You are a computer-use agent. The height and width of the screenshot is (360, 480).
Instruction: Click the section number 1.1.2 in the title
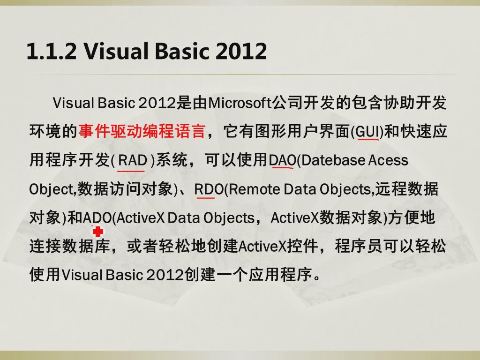(x=52, y=51)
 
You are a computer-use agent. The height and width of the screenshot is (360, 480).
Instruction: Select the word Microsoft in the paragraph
(x=240, y=103)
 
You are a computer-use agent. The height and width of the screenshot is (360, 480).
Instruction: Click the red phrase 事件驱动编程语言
(x=142, y=131)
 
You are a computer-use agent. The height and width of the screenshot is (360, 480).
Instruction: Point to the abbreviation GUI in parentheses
(x=368, y=132)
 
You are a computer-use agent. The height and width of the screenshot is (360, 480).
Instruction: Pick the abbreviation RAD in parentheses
(x=132, y=160)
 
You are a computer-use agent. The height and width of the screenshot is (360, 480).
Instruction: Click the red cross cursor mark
(x=97, y=232)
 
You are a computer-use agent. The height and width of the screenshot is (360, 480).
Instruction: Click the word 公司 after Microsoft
(x=288, y=103)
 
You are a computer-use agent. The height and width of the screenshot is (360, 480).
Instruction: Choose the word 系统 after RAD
(x=172, y=160)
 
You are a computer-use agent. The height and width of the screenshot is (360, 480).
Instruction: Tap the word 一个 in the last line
(x=232, y=274)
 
